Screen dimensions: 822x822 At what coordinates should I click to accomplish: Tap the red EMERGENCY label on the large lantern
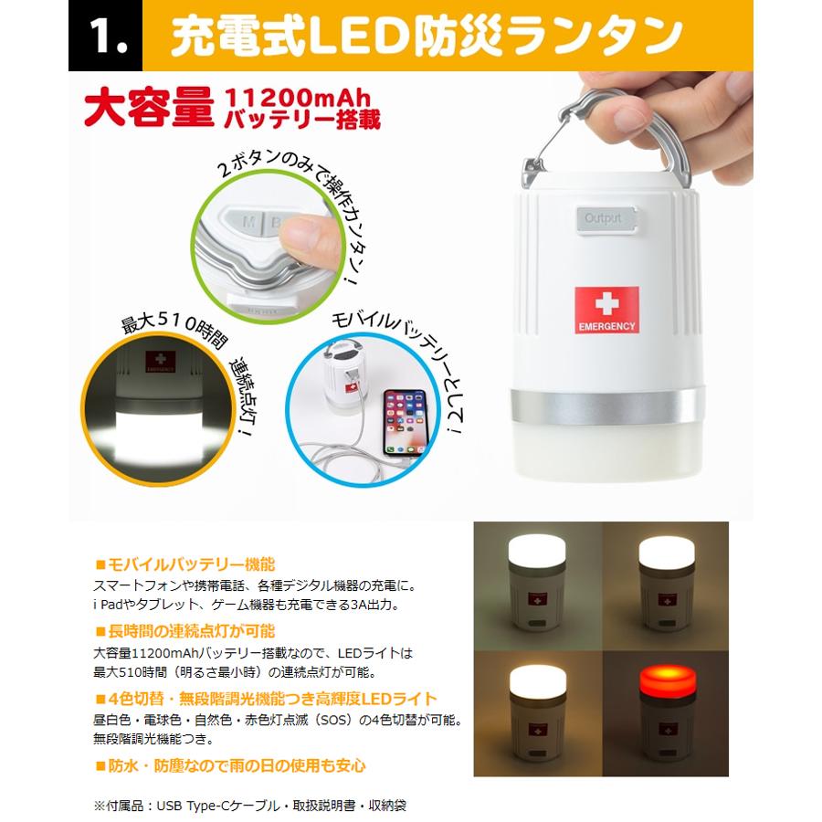(606, 310)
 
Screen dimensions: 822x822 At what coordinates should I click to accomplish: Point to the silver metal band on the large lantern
(607, 406)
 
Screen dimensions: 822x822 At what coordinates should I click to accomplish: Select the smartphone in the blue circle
(406, 423)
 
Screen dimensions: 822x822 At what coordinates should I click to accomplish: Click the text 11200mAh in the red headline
(297, 98)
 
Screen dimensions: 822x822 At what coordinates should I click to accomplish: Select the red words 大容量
(150, 107)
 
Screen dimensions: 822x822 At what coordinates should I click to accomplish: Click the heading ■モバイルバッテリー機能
(185, 564)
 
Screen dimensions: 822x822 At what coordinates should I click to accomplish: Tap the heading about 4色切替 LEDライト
(266, 699)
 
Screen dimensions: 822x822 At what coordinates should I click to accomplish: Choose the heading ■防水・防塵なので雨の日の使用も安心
(230, 765)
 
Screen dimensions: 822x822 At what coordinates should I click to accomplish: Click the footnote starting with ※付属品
(249, 805)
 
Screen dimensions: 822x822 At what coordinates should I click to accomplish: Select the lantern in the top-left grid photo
(537, 582)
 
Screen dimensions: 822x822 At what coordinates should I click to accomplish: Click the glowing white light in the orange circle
(157, 429)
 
